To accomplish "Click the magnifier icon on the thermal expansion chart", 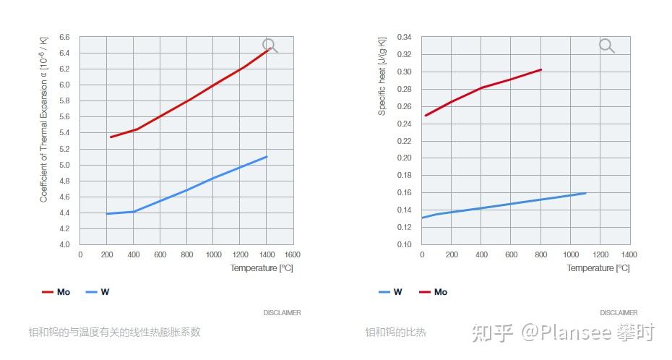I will pos(270,46).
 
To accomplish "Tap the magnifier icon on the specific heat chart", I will pos(606,46).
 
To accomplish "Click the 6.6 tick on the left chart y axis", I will pos(64,37).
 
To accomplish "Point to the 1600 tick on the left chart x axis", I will pos(293,254).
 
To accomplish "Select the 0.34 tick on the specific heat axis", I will pos(405,37).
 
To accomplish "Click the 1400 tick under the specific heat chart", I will pos(629,254).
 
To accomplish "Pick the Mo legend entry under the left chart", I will pos(56,292).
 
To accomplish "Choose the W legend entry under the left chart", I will pos(98,292).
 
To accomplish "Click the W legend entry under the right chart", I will pos(390,292).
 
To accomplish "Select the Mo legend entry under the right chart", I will pos(433,292).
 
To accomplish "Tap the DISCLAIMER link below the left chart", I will pos(282,313).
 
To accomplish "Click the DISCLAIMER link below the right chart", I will pos(619,313).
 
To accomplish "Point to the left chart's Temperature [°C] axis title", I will pos(262,268).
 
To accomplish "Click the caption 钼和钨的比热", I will pos(395,333).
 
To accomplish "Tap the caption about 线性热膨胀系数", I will pos(114,333).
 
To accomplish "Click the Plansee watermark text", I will pos(564,333).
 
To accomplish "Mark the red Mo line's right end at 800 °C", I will pos(540,69).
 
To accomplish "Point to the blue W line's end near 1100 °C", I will pos(585,193).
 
